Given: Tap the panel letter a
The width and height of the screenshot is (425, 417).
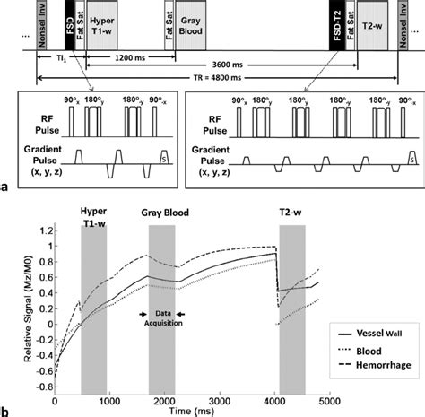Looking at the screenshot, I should pyautogui.click(x=6, y=187).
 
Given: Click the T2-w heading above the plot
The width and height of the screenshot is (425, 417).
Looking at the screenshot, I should pyautogui.click(x=291, y=216).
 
